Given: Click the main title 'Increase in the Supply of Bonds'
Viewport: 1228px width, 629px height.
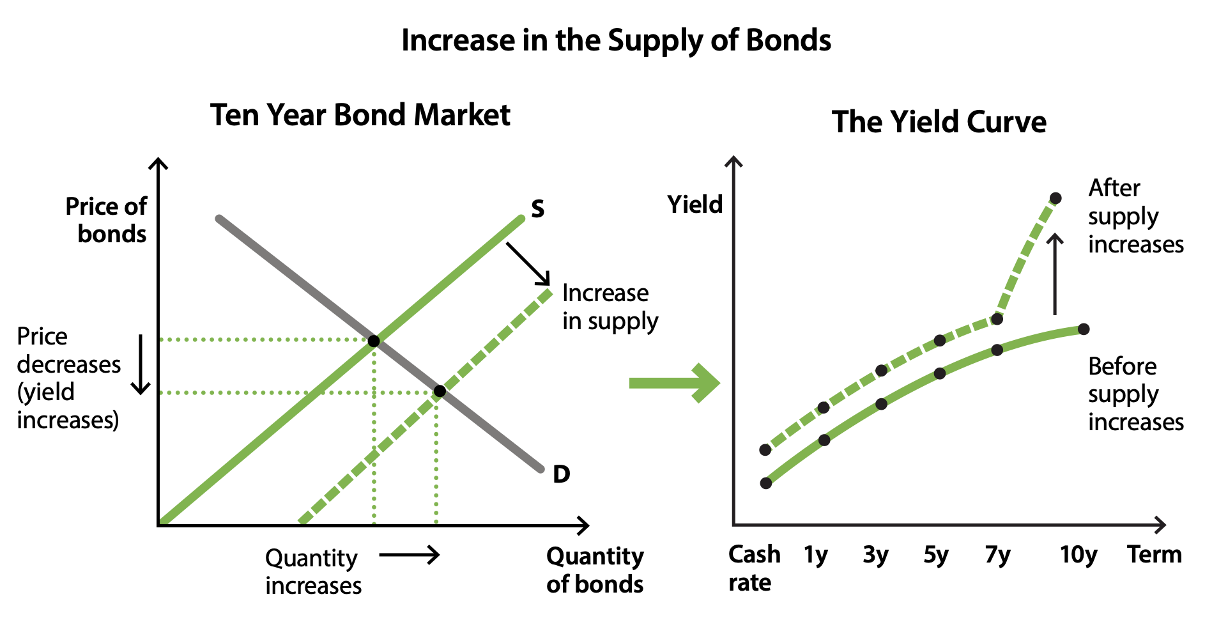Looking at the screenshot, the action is click(x=616, y=40).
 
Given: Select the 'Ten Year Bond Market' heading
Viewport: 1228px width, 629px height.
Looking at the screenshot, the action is click(x=360, y=115).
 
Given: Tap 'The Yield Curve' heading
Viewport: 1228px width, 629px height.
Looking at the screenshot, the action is click(x=939, y=121).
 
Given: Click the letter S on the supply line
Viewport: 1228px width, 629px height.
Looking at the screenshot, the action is click(x=538, y=209).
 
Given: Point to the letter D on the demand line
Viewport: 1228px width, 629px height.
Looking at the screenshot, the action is click(x=561, y=474).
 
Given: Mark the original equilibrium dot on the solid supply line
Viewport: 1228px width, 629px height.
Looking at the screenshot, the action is click(x=374, y=341).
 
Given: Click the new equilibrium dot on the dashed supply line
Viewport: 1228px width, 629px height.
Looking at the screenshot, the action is click(x=440, y=391).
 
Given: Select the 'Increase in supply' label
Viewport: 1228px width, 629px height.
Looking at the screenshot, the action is click(x=610, y=307).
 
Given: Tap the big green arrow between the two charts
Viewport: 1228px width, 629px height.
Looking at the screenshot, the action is click(x=674, y=383).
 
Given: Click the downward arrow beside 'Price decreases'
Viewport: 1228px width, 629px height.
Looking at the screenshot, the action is click(x=140, y=364).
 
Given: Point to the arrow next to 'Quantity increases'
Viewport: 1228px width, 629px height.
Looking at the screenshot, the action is click(x=409, y=554).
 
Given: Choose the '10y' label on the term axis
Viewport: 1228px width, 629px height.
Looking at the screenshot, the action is click(x=1078, y=555).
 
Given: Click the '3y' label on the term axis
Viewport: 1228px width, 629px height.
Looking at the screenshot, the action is click(x=875, y=555).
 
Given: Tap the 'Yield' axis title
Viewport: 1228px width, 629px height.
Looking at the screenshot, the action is click(x=695, y=205).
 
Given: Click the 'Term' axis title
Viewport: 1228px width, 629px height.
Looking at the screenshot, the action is click(x=1154, y=554).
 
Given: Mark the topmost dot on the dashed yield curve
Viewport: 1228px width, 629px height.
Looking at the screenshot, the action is click(x=1055, y=198).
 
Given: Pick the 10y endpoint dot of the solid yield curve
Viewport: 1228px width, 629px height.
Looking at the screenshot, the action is click(x=1083, y=329).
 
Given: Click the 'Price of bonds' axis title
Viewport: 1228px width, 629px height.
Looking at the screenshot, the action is click(x=106, y=221).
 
